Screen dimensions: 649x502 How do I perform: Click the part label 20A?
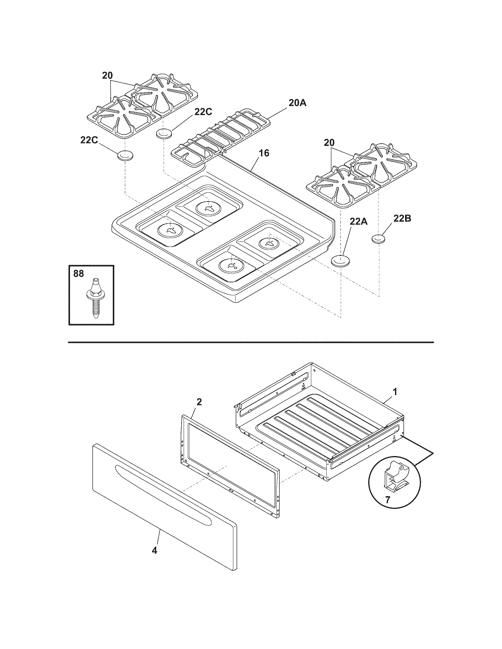tap(297, 103)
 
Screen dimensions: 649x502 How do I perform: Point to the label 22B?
tap(402, 218)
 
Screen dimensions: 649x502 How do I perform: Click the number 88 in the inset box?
tap(79, 273)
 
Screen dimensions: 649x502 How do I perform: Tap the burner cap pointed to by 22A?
tap(340, 261)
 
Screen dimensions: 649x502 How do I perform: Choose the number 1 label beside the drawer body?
tap(395, 392)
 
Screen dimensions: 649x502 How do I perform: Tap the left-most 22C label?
tap(89, 140)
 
